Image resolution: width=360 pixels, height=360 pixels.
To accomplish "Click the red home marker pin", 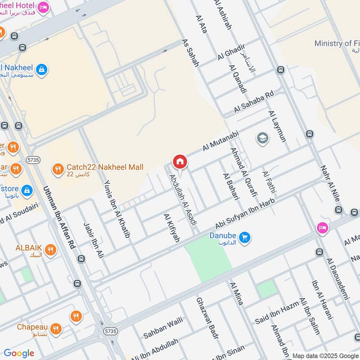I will click(x=180, y=162).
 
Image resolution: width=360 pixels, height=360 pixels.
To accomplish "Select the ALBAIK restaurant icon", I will click(x=50, y=250).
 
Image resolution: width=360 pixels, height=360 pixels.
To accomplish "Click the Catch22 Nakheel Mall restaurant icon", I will click(x=57, y=169).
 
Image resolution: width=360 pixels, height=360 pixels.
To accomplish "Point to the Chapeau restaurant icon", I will click(x=56, y=328).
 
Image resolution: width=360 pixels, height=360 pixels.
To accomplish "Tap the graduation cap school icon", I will click(x=262, y=138).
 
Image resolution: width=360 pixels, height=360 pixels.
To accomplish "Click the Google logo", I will click(x=19, y=353).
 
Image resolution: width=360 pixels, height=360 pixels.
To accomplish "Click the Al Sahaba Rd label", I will click(x=253, y=103).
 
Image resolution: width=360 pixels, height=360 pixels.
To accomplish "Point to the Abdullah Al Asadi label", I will click(x=183, y=200).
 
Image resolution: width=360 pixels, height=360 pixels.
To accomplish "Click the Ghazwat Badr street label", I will click(x=207, y=318).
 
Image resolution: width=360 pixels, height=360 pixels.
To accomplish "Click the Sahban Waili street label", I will click(x=163, y=328).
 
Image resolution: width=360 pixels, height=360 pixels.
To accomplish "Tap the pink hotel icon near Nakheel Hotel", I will click(x=43, y=7).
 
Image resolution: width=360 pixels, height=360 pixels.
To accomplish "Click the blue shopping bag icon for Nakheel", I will click(x=41, y=70).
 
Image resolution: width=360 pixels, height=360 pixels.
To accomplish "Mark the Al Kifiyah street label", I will click(x=171, y=228).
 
